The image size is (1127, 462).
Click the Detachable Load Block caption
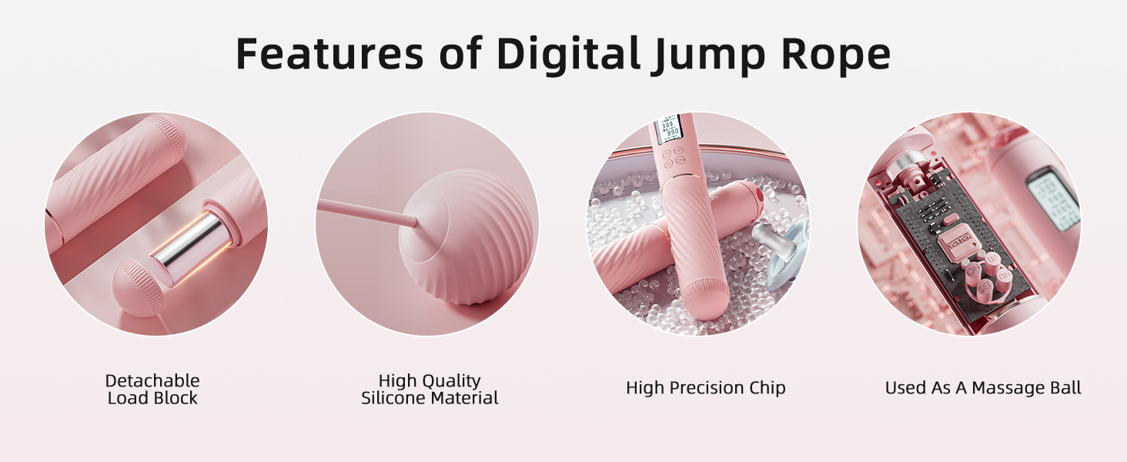[x=152, y=390]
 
